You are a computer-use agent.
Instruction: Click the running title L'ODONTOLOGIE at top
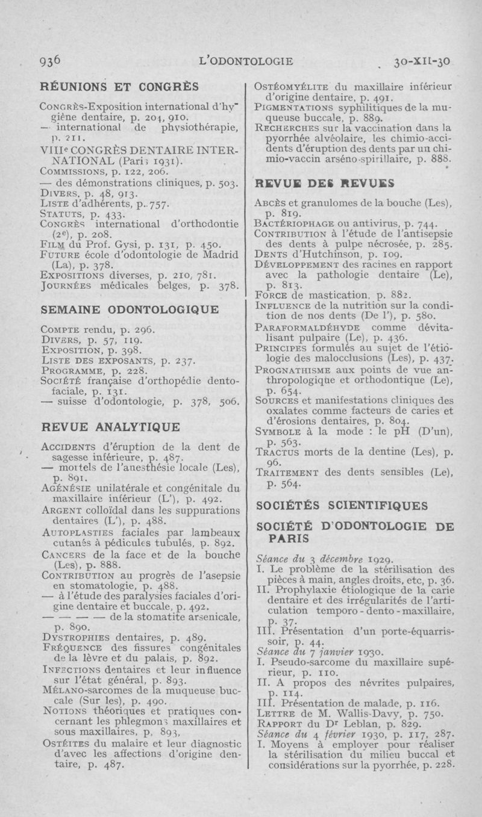249,61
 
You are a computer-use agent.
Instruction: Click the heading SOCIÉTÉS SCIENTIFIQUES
342,504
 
